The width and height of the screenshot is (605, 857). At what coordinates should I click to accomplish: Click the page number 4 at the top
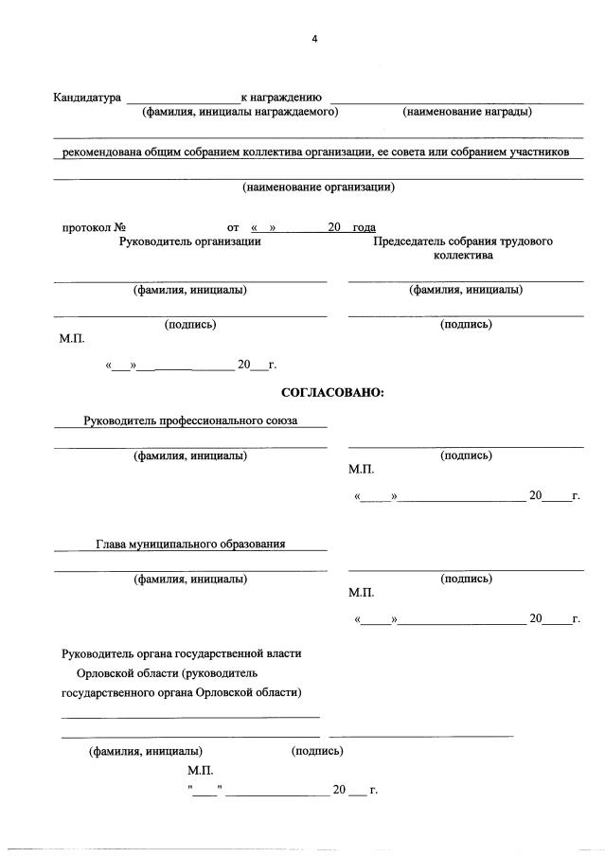pyautogui.click(x=314, y=39)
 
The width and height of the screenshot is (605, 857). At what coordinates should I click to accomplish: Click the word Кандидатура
pyautogui.click(x=87, y=98)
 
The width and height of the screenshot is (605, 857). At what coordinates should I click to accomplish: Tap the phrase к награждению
pyautogui.click(x=282, y=98)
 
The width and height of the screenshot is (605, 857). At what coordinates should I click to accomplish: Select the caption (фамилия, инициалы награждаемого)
pyautogui.click(x=240, y=112)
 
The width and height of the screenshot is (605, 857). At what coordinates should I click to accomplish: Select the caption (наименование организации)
pyautogui.click(x=318, y=187)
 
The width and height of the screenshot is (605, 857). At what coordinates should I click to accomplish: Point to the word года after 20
pyautogui.click(x=364, y=227)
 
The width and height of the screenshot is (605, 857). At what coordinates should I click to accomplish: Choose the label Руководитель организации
pyautogui.click(x=189, y=241)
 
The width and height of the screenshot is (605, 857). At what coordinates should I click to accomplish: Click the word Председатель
pyautogui.click(x=412, y=241)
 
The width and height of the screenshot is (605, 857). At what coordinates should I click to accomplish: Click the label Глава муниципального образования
pyautogui.click(x=190, y=544)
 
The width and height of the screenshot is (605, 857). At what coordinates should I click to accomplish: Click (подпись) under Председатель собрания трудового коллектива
pyautogui.click(x=466, y=324)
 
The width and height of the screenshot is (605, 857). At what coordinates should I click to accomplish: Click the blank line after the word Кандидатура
pyautogui.click(x=183, y=98)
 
